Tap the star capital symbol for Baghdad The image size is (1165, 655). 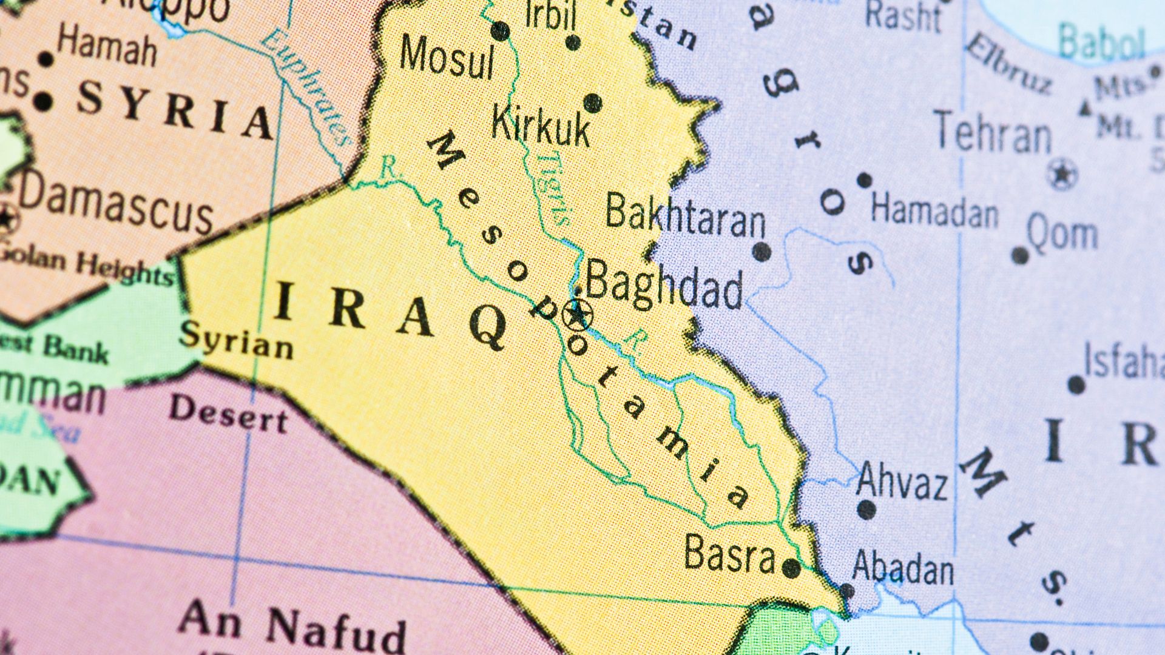tap(576, 315)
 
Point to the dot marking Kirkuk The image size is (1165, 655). tap(593, 103)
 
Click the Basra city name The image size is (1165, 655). tap(729, 554)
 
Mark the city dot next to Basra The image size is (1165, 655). tap(791, 568)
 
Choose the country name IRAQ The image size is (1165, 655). tap(391, 317)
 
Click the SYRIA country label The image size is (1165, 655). tap(176, 109)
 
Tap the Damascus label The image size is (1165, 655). tap(115, 203)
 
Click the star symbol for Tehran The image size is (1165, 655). tap(1061, 174)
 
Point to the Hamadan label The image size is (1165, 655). tap(934, 210)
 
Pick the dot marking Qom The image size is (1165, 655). tap(1021, 255)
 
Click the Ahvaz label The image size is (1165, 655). tap(902, 483)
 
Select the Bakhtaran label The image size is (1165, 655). tap(686, 215)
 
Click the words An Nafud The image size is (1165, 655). tap(291, 625)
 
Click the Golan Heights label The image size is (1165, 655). tap(85, 266)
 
